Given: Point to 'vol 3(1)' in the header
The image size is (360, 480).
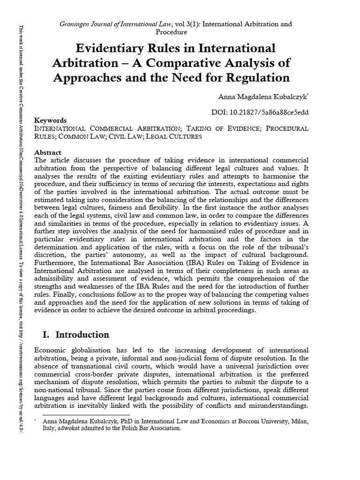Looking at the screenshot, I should [x=187, y=23].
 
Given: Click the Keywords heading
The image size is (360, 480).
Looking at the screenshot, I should [x=51, y=120].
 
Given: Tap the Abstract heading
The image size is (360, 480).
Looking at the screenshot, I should [x=48, y=153].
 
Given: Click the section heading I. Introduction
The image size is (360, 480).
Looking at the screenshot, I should [x=72, y=335].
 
